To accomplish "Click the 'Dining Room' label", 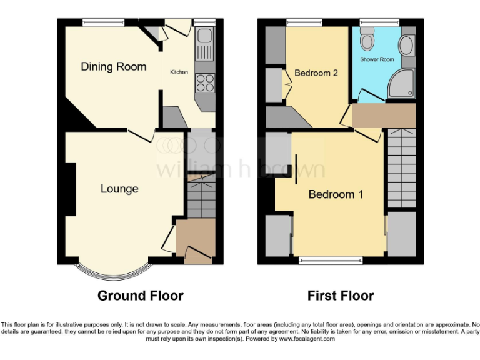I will tap(114, 66).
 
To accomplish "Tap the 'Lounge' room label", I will tap(119, 188).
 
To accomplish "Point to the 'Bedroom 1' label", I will tap(336, 194).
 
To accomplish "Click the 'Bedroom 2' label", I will tap(316, 73).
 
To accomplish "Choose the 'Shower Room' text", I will tap(377, 59).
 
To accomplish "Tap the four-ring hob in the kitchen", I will tap(204, 82).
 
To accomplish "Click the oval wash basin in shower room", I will tap(406, 46).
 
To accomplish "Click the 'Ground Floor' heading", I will tap(141, 296).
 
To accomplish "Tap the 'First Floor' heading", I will tap(341, 296).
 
